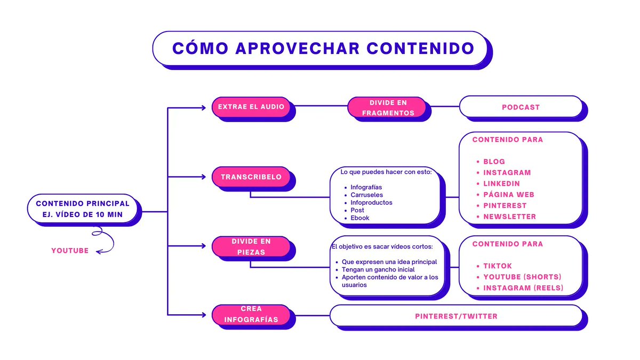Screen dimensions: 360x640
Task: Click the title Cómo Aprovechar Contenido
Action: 323,48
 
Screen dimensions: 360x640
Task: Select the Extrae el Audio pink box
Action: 251,107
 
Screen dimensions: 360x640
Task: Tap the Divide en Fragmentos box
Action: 388,107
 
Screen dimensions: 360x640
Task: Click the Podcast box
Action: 521,107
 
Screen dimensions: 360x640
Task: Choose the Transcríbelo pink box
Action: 251,177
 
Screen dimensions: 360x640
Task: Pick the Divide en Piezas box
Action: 251,246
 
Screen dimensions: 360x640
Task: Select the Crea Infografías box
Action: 251,314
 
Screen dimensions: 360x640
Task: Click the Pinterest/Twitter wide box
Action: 456,316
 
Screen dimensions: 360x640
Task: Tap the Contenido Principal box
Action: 82,209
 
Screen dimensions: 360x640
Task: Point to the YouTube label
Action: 70,251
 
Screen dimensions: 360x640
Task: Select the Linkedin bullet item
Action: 501,183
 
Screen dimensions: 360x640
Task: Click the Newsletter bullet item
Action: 509,217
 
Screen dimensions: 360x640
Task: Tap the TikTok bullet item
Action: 497,266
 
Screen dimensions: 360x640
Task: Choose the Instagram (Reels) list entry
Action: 523,288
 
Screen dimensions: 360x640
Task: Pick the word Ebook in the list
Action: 360,218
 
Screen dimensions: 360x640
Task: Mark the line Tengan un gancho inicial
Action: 378,269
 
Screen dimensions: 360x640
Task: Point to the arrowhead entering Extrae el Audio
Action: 203,107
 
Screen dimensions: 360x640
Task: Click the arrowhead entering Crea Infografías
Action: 203,314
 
